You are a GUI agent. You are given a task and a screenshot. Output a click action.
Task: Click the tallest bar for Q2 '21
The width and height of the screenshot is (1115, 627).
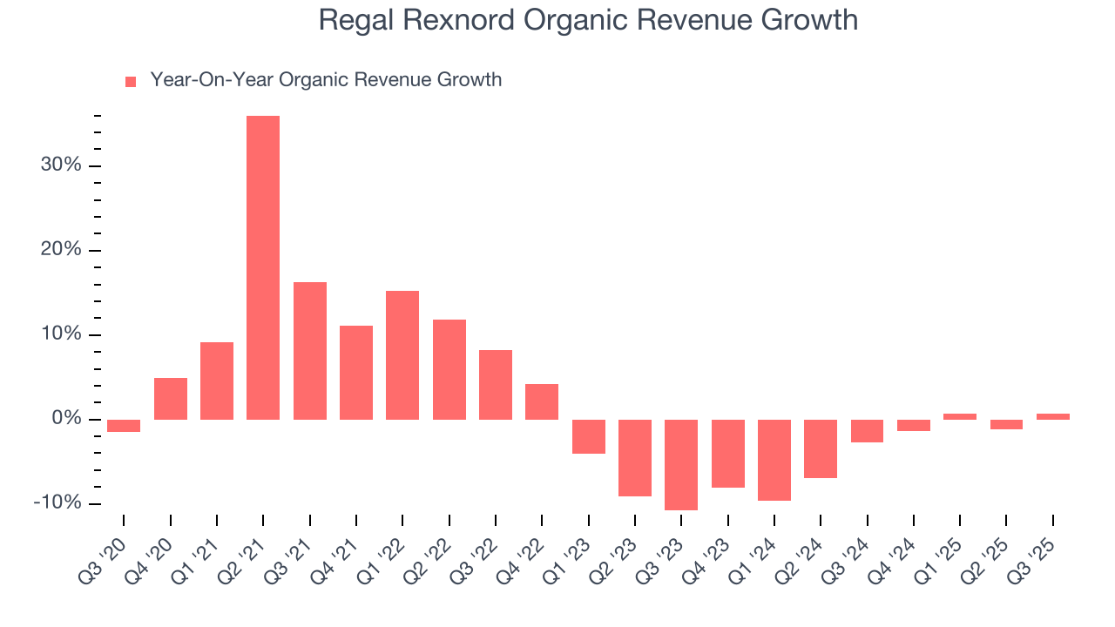tap(263, 267)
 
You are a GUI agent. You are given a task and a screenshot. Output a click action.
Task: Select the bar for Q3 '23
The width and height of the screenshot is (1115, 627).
tap(681, 464)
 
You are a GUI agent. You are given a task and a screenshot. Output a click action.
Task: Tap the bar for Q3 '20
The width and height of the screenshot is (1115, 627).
tap(124, 426)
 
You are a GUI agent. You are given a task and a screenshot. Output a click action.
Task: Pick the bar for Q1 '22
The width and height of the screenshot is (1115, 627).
tap(402, 355)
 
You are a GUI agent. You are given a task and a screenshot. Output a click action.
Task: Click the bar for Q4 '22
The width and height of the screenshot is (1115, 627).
tap(542, 401)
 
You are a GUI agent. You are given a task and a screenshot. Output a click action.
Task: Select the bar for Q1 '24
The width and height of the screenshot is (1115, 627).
tap(774, 460)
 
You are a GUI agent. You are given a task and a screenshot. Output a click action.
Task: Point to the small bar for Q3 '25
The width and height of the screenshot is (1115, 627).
tap(1052, 416)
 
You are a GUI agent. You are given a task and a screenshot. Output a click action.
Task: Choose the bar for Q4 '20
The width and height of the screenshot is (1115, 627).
tap(171, 399)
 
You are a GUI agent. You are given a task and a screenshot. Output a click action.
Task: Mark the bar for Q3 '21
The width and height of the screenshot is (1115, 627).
tap(310, 351)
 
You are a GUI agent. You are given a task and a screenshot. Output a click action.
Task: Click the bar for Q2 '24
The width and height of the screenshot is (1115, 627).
tap(821, 448)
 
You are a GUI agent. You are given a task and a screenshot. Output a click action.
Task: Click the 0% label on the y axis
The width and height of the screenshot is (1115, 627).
tap(65, 420)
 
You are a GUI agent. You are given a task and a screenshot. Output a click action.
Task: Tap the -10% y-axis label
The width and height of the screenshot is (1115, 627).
tap(57, 503)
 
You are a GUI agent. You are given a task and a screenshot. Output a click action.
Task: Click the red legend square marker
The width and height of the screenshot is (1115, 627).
tap(131, 81)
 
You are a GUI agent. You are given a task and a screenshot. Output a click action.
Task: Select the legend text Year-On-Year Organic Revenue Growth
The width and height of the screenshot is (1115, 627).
tap(326, 80)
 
